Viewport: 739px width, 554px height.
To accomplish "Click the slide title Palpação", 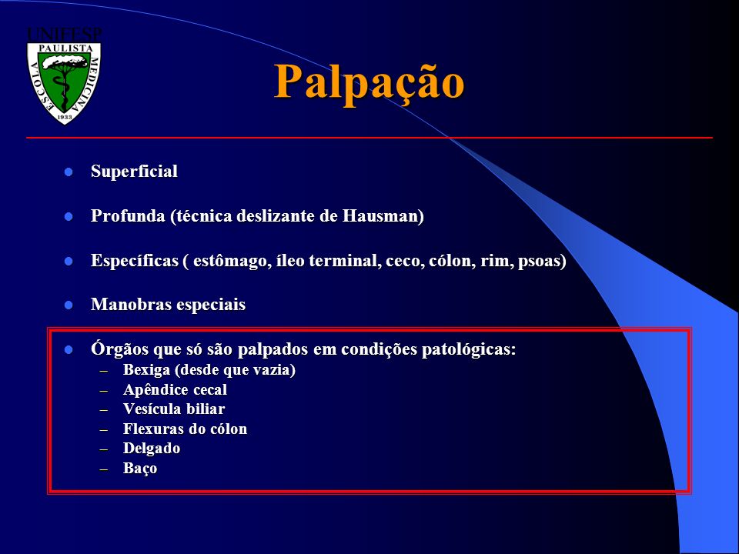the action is (369, 82).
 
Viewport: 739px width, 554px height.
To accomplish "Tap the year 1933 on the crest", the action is (65, 116).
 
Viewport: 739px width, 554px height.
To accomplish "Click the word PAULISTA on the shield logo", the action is (65, 48).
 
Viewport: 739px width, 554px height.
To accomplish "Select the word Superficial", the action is (134, 171).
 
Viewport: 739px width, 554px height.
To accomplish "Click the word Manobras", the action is (131, 305).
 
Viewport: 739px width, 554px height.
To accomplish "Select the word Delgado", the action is (152, 449).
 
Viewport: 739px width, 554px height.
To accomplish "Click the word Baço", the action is (140, 469).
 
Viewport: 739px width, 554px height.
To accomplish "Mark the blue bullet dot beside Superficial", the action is (69, 172).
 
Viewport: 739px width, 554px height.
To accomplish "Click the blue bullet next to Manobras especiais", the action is (69, 305).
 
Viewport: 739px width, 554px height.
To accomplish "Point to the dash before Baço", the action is (104, 469).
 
